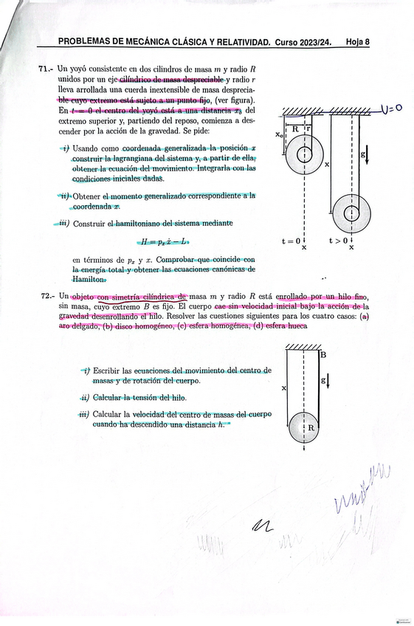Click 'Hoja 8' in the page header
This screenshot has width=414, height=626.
click(357, 42)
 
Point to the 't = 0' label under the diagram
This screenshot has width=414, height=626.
click(291, 241)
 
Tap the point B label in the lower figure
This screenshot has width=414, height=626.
click(323, 354)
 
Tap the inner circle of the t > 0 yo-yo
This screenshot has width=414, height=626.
click(351, 213)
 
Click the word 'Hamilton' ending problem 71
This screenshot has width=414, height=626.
click(90, 279)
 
